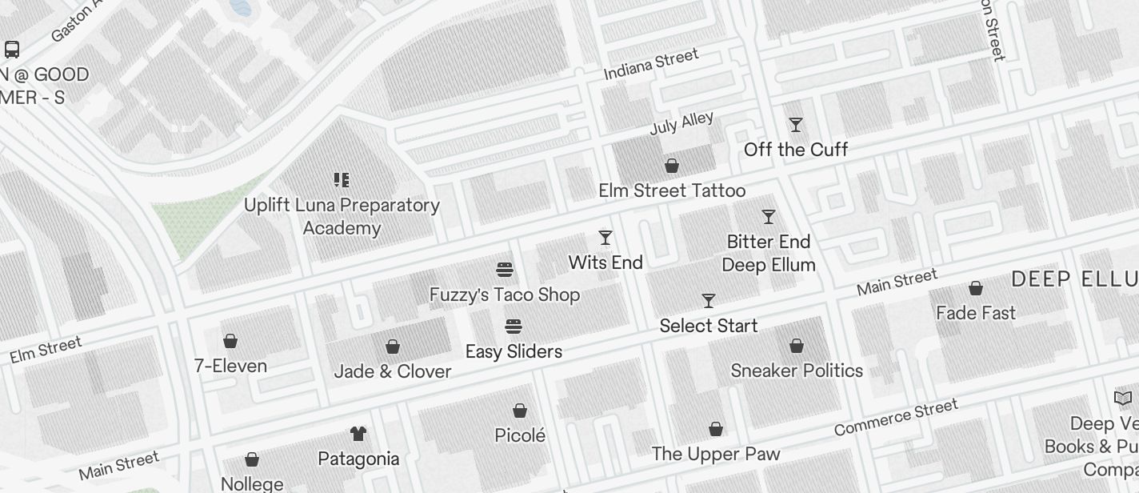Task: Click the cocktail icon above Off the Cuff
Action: coord(796,125)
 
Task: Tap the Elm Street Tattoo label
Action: coord(672,190)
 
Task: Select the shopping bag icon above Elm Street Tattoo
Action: coord(672,166)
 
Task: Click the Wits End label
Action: coord(605,263)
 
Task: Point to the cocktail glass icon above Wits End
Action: coord(605,238)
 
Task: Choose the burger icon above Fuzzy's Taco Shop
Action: coord(505,270)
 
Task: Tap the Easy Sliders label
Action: coord(514,351)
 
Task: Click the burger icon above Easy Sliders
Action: coord(514,327)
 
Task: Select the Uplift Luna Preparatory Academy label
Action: coord(342,216)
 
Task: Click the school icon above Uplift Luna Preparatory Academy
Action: coord(342,180)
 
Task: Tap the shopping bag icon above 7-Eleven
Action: coord(230,342)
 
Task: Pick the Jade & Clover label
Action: coord(392,371)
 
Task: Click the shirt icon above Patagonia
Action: coord(358,434)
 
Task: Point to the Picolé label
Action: coord(520,435)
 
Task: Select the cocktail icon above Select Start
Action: coord(709,301)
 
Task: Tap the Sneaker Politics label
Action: coord(797,371)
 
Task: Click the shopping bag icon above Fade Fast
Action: coord(976,288)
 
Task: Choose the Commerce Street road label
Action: coord(896,418)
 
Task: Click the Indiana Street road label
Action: coord(651,64)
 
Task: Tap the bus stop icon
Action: coord(12,50)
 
